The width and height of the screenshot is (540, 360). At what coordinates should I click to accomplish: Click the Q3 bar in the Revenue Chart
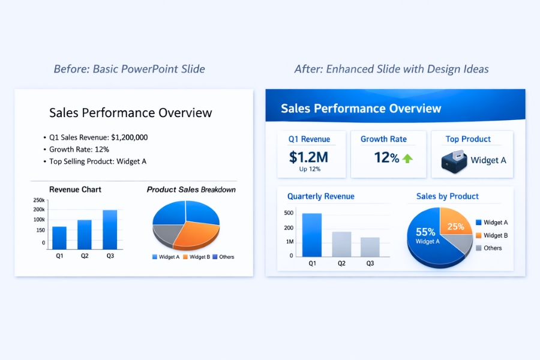[110, 230]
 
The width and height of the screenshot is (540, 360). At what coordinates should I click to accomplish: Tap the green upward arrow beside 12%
[408, 158]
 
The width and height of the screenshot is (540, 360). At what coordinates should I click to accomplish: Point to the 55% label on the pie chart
[425, 232]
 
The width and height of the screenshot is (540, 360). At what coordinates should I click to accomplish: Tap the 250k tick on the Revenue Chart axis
[39, 200]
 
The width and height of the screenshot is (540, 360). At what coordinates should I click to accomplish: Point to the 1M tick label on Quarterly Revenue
[289, 242]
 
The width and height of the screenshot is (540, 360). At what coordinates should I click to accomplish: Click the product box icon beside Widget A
[454, 161]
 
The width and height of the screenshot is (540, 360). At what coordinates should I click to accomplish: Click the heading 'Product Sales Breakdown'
[191, 190]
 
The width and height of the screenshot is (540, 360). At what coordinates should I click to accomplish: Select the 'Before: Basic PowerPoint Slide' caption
[129, 69]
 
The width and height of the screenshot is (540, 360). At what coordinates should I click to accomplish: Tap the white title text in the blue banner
[361, 109]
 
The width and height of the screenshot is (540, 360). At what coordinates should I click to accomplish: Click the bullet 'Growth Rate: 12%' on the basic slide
[79, 149]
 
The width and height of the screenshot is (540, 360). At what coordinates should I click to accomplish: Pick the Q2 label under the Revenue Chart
[85, 256]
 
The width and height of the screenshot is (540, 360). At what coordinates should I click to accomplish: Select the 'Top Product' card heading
[468, 139]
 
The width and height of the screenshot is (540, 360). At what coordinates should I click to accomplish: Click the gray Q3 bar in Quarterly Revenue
[370, 247]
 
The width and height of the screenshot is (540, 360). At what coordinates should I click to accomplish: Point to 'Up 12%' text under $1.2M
[310, 169]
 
